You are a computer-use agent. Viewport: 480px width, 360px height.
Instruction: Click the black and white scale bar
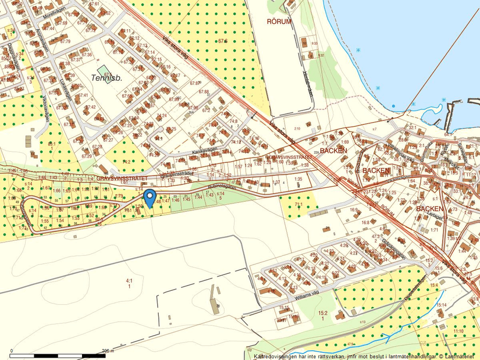coord(58,355)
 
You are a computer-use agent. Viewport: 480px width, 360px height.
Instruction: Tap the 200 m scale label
coord(107,351)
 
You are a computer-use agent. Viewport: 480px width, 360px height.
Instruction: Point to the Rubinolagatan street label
coord(222,187)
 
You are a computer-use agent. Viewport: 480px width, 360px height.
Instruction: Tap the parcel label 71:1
coord(298,205)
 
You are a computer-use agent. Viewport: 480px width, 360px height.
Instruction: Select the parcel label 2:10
coord(297,128)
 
